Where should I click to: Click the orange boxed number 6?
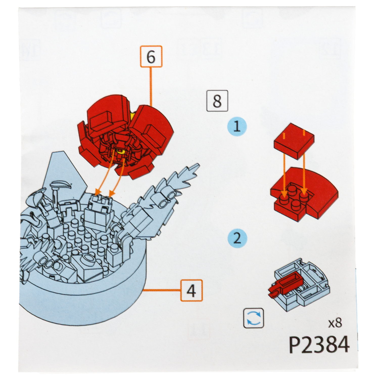click(x=151, y=57)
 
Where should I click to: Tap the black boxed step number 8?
click(x=217, y=101)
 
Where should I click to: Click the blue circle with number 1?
click(x=237, y=127)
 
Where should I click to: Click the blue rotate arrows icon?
click(x=254, y=318)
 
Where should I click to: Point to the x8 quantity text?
click(x=335, y=323)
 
